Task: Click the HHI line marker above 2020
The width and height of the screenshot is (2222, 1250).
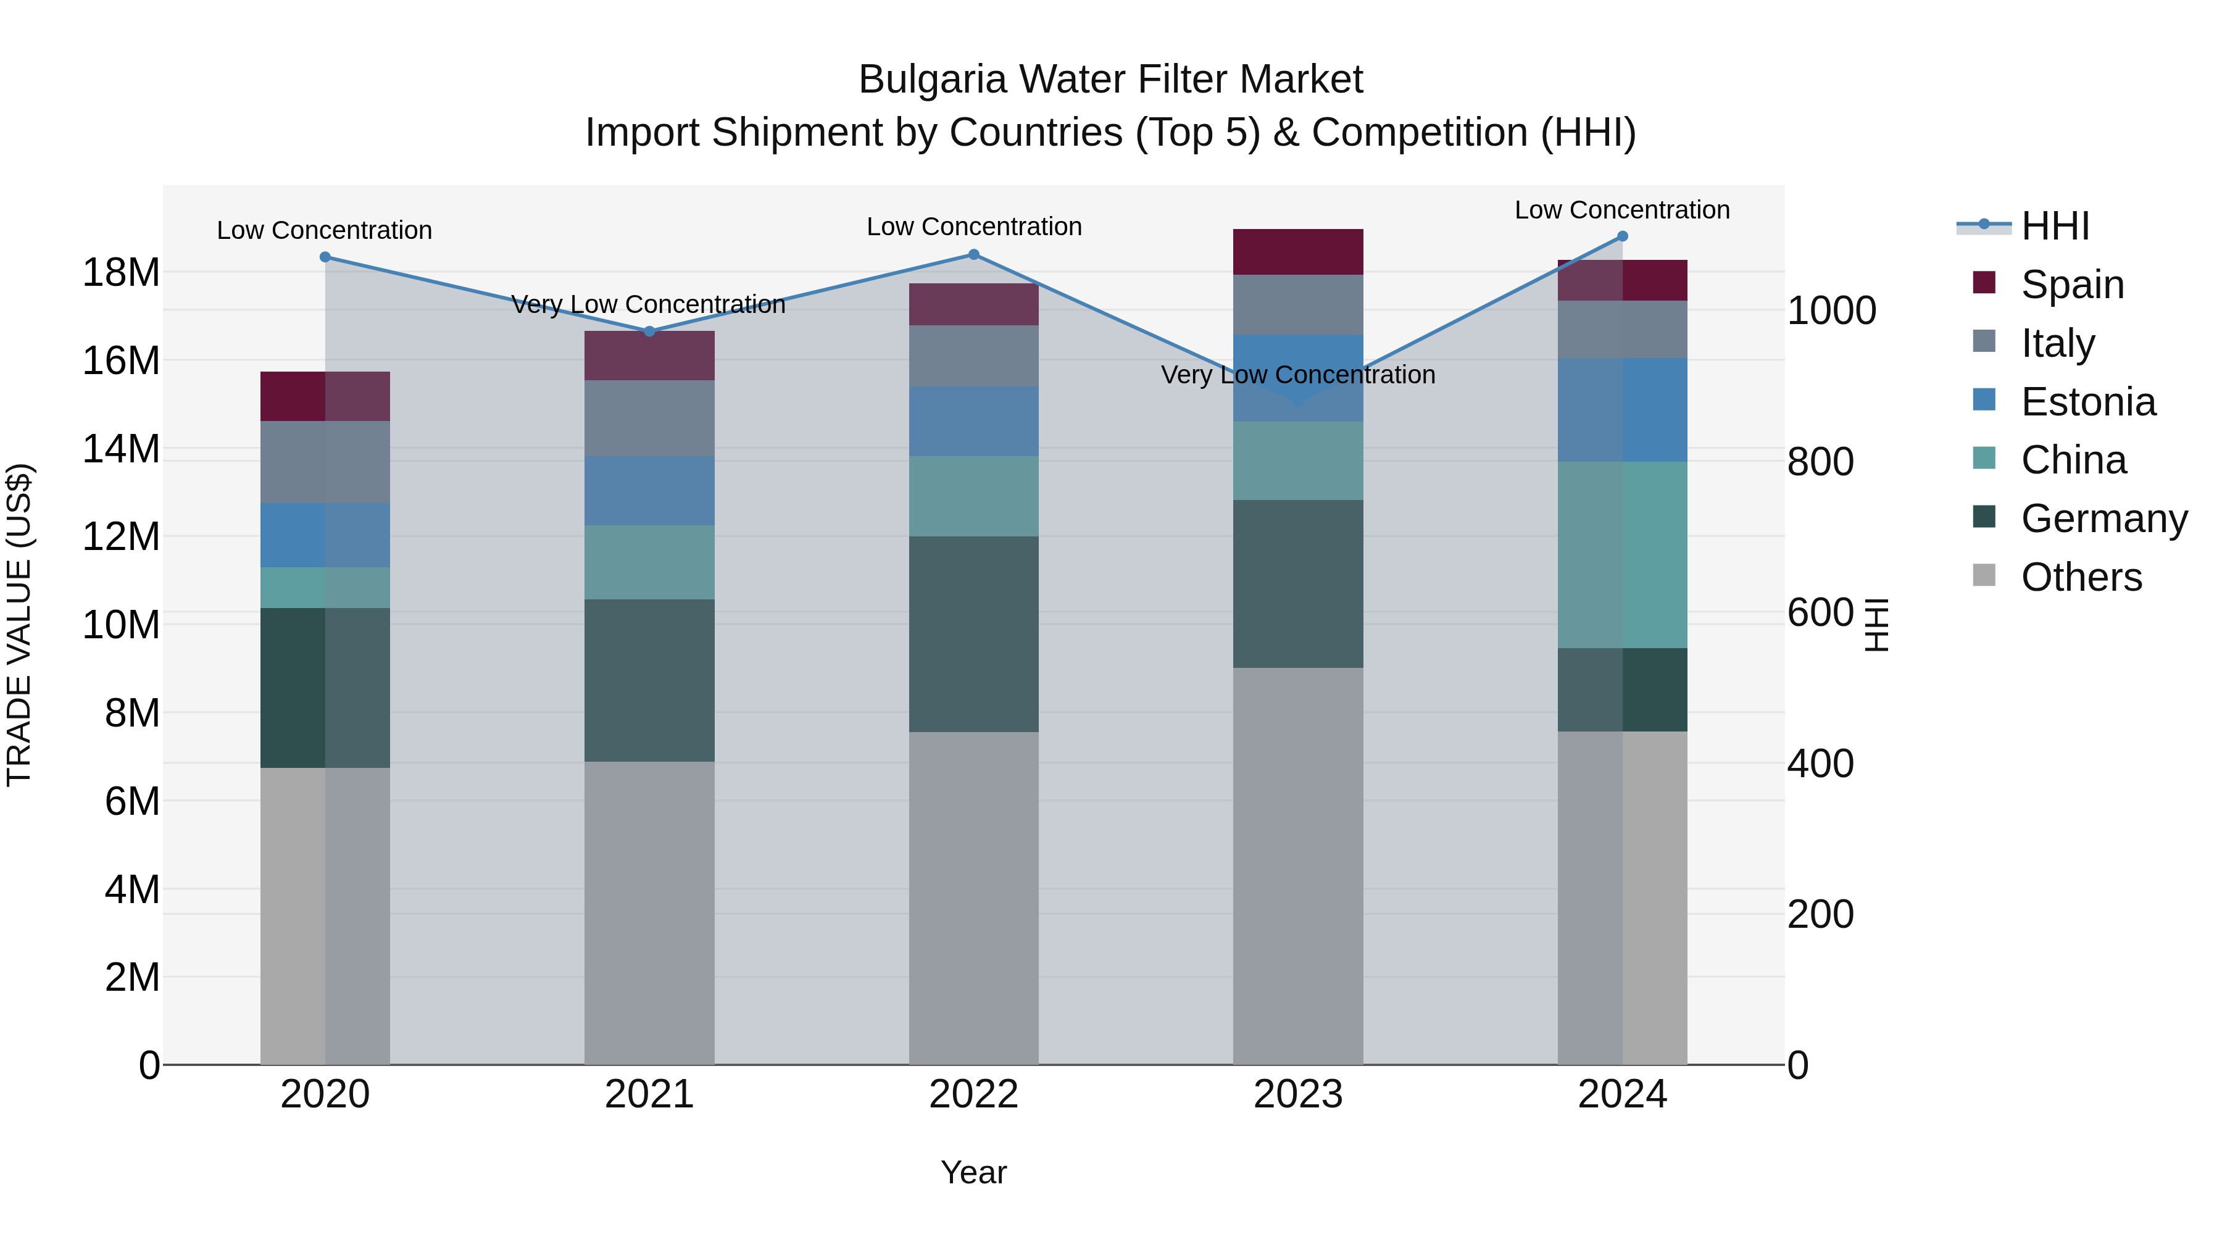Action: (x=325, y=257)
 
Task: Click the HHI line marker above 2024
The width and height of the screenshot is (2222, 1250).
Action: (x=1623, y=236)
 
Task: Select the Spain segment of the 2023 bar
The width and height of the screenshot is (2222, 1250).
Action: (x=1298, y=252)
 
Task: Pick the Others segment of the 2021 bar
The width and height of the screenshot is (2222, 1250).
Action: (x=649, y=913)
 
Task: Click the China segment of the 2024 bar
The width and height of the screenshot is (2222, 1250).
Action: (x=1623, y=555)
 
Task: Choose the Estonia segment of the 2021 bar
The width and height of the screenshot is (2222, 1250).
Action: (x=649, y=491)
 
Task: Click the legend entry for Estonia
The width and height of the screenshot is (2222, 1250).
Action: (x=2087, y=402)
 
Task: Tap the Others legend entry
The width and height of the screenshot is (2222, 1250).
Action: (x=2081, y=577)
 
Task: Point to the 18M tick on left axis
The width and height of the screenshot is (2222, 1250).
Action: (x=121, y=273)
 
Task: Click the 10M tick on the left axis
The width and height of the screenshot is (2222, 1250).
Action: (x=121, y=625)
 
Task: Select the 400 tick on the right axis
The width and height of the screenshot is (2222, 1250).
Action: (x=1820, y=764)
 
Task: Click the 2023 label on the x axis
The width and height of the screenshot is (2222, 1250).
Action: (x=1298, y=1094)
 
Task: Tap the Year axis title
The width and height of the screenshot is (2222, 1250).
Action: (x=974, y=1172)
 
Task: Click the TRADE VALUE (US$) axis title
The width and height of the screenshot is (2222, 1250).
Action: (x=19, y=625)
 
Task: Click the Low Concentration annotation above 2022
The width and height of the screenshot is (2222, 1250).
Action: (x=974, y=227)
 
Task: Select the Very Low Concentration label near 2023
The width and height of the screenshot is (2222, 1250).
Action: (x=1298, y=375)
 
